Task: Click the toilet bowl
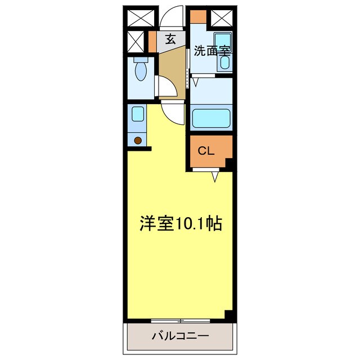tap(141, 73)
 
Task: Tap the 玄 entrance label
tap(170, 39)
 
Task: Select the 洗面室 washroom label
tap(212, 51)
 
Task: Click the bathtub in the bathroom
tap(211, 119)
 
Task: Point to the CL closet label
tap(205, 151)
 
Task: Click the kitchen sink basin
tap(138, 114)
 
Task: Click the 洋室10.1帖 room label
tap(180, 224)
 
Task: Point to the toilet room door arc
tap(164, 86)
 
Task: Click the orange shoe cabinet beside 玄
tap(152, 40)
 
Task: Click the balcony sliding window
tap(181, 321)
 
